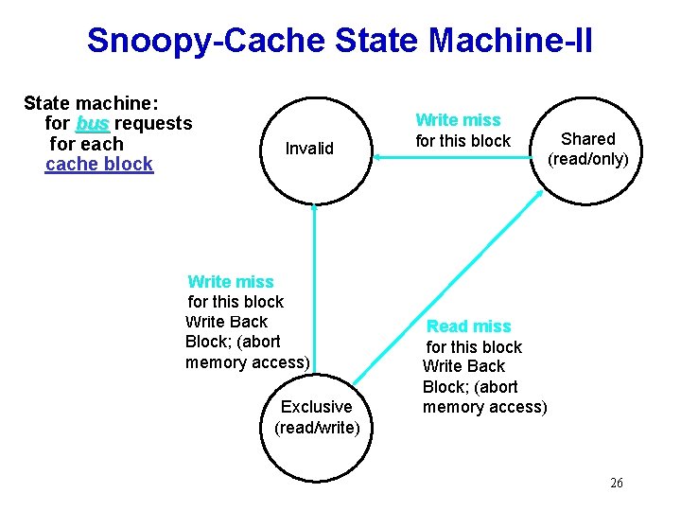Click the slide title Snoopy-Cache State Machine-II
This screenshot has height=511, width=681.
click(340, 41)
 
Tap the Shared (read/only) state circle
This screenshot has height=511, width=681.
click(588, 149)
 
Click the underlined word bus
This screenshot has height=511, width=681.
click(93, 123)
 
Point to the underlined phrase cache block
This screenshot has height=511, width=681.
click(99, 165)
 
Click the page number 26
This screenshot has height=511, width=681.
click(617, 484)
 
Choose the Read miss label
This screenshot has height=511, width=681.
click(469, 326)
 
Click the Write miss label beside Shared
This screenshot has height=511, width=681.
click(458, 120)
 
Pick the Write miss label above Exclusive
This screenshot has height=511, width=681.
click(231, 282)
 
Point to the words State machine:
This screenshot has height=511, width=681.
click(91, 102)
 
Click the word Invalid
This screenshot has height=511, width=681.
click(309, 149)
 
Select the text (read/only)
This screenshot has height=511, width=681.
click(588, 159)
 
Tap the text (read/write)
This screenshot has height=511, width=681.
click(317, 428)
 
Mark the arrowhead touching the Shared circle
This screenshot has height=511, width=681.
click(538, 193)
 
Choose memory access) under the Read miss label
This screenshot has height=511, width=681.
click(485, 408)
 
